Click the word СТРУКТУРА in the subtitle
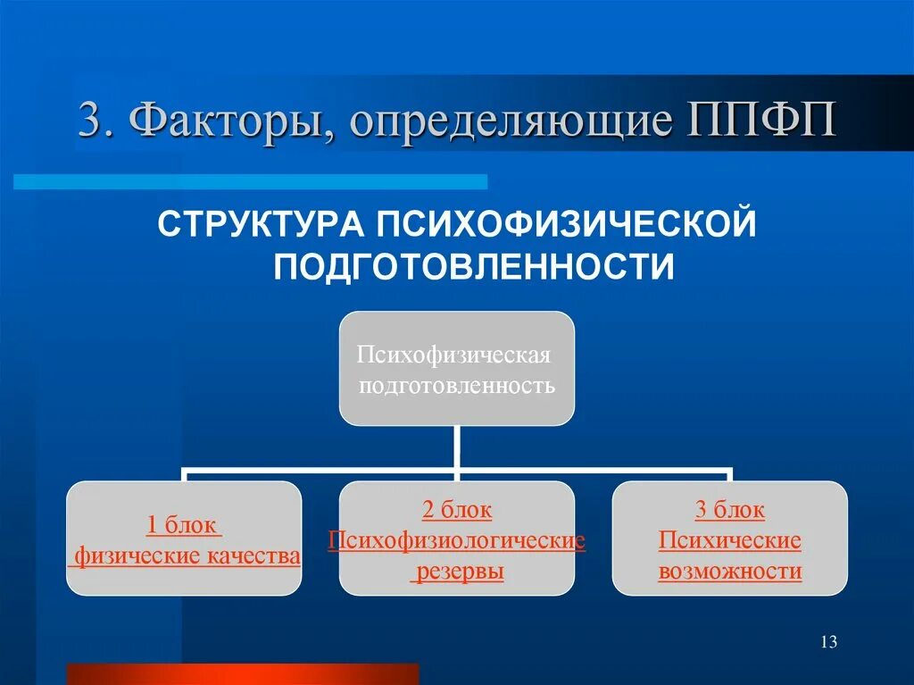(260, 224)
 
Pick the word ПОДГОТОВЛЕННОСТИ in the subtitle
(473, 266)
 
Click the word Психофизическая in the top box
(453, 355)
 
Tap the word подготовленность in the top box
(457, 386)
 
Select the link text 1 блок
(183, 525)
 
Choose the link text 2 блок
(457, 510)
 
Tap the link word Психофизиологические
(457, 541)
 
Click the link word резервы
(457, 572)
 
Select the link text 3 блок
(729, 510)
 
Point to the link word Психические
(729, 541)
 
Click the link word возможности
(729, 572)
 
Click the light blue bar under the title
(250, 182)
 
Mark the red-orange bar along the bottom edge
(242, 673)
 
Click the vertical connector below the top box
(457, 447)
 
